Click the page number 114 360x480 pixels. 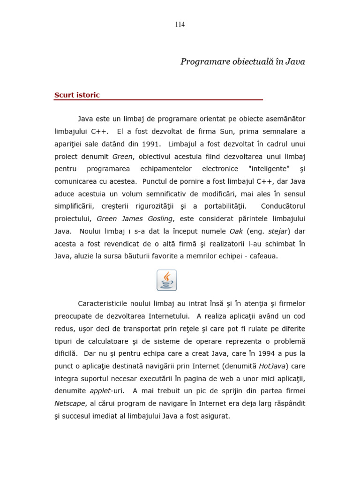click(180, 25)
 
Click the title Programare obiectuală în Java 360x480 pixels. click(242, 62)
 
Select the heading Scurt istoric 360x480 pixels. click(77, 95)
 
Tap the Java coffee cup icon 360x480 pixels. click(166, 280)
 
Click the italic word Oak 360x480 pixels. click(236, 232)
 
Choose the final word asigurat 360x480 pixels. click(215, 416)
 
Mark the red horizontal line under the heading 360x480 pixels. click(158, 100)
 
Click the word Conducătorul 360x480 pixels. click(283, 206)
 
